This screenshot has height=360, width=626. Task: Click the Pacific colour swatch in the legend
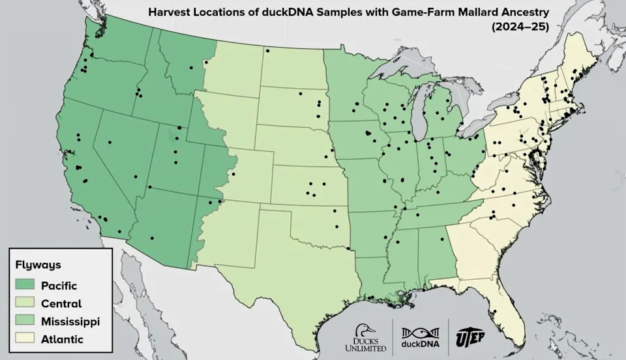(25, 285)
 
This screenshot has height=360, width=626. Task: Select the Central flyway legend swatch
(25, 303)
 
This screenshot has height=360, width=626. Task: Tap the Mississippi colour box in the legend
(25, 321)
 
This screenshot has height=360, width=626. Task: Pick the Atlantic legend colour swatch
(25, 339)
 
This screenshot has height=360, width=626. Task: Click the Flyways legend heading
(38, 265)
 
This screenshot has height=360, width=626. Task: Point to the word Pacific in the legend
(59, 285)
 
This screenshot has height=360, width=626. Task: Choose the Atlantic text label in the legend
(62, 339)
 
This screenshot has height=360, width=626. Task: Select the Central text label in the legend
(61, 303)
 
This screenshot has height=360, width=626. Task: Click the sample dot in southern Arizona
(152, 237)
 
